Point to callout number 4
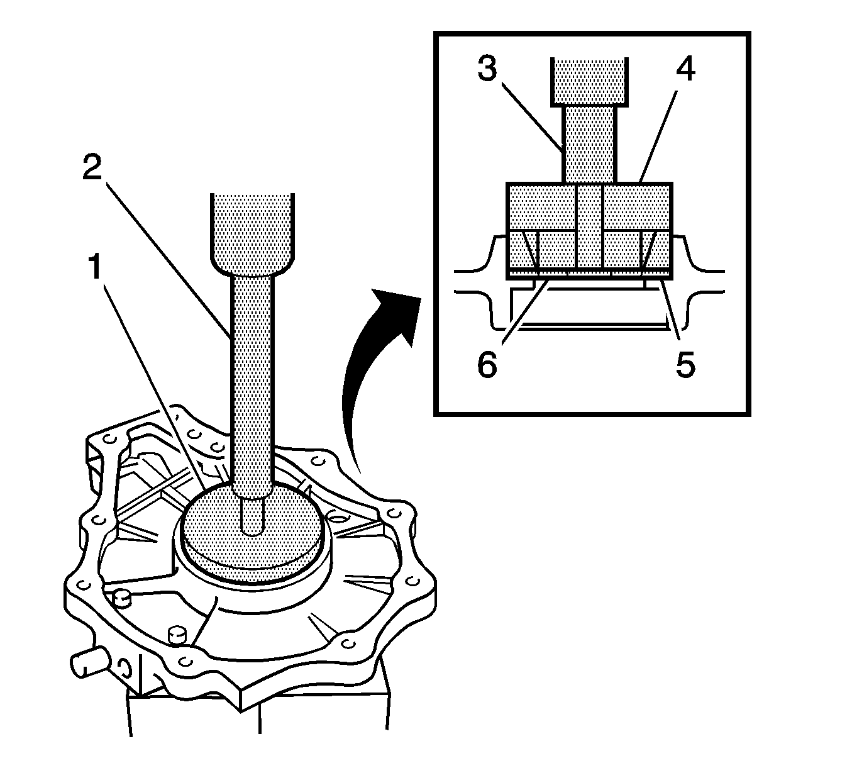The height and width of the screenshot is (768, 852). click(685, 70)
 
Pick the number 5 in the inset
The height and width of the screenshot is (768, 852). click(685, 365)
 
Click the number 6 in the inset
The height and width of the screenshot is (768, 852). click(487, 365)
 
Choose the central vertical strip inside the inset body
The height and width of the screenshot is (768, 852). click(589, 226)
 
